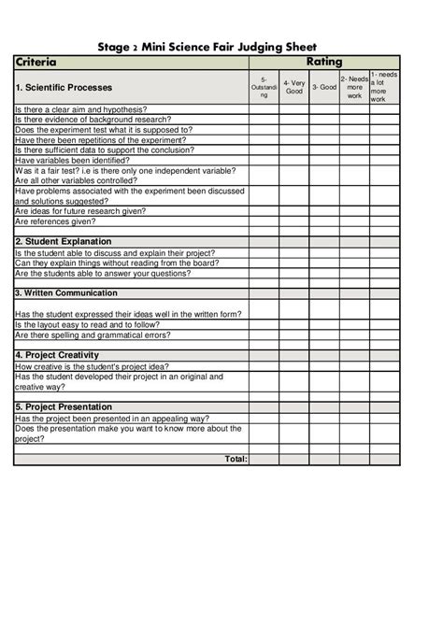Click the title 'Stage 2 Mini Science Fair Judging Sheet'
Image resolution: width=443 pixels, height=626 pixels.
click(x=221, y=47)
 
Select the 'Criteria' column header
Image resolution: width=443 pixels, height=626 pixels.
click(x=36, y=63)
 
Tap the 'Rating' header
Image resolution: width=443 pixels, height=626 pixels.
click(x=323, y=63)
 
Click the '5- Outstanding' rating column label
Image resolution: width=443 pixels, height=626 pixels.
click(x=264, y=87)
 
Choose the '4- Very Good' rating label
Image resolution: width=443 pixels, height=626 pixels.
click(x=293, y=87)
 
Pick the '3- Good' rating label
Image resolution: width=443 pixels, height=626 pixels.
click(x=323, y=87)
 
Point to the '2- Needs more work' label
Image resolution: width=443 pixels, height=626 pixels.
click(x=354, y=87)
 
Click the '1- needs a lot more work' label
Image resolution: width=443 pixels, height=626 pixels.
click(x=384, y=87)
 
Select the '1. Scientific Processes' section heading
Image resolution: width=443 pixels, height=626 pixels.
click(x=64, y=87)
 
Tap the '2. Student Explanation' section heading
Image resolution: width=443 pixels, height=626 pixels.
click(x=64, y=241)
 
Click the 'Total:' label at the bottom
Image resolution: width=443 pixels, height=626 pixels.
click(x=236, y=459)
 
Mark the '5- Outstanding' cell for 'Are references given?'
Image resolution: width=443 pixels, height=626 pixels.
click(x=264, y=221)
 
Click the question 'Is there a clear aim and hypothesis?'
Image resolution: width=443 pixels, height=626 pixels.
click(x=80, y=109)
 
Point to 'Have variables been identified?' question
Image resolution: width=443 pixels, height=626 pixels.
click(x=73, y=160)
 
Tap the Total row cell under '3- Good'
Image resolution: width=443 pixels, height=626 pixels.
click(x=323, y=459)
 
